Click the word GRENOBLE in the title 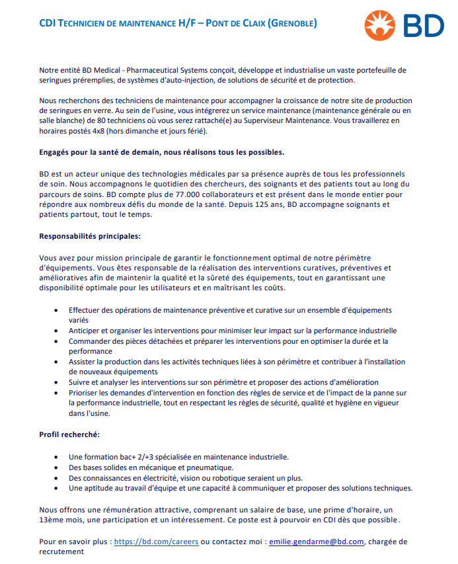click(x=292, y=24)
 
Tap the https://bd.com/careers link click(x=157, y=542)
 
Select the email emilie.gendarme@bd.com click(x=317, y=542)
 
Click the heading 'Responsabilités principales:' click(x=89, y=236)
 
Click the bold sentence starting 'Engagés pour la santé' click(x=162, y=152)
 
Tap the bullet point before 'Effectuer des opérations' click(x=54, y=310)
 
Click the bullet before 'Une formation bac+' click(x=54, y=457)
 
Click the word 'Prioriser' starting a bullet click(x=85, y=393)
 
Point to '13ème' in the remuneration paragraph click(x=52, y=520)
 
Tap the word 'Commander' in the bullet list click(x=89, y=341)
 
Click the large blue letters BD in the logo click(x=424, y=26)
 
